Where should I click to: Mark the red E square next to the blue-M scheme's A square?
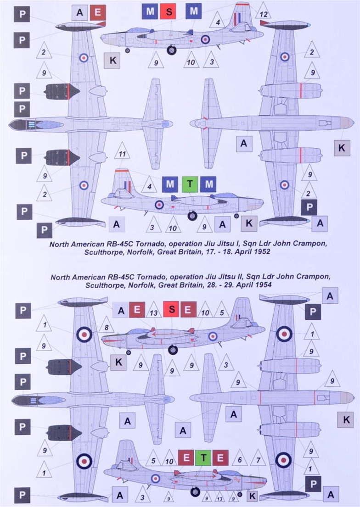click(97, 12)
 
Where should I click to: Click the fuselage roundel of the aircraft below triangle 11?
click(159, 205)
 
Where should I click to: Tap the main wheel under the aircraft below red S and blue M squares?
click(171, 50)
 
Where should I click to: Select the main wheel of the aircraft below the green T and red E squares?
click(196, 492)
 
